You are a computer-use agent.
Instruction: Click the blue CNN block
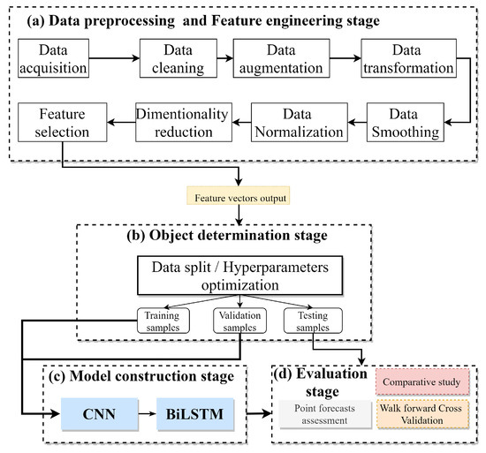99,411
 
